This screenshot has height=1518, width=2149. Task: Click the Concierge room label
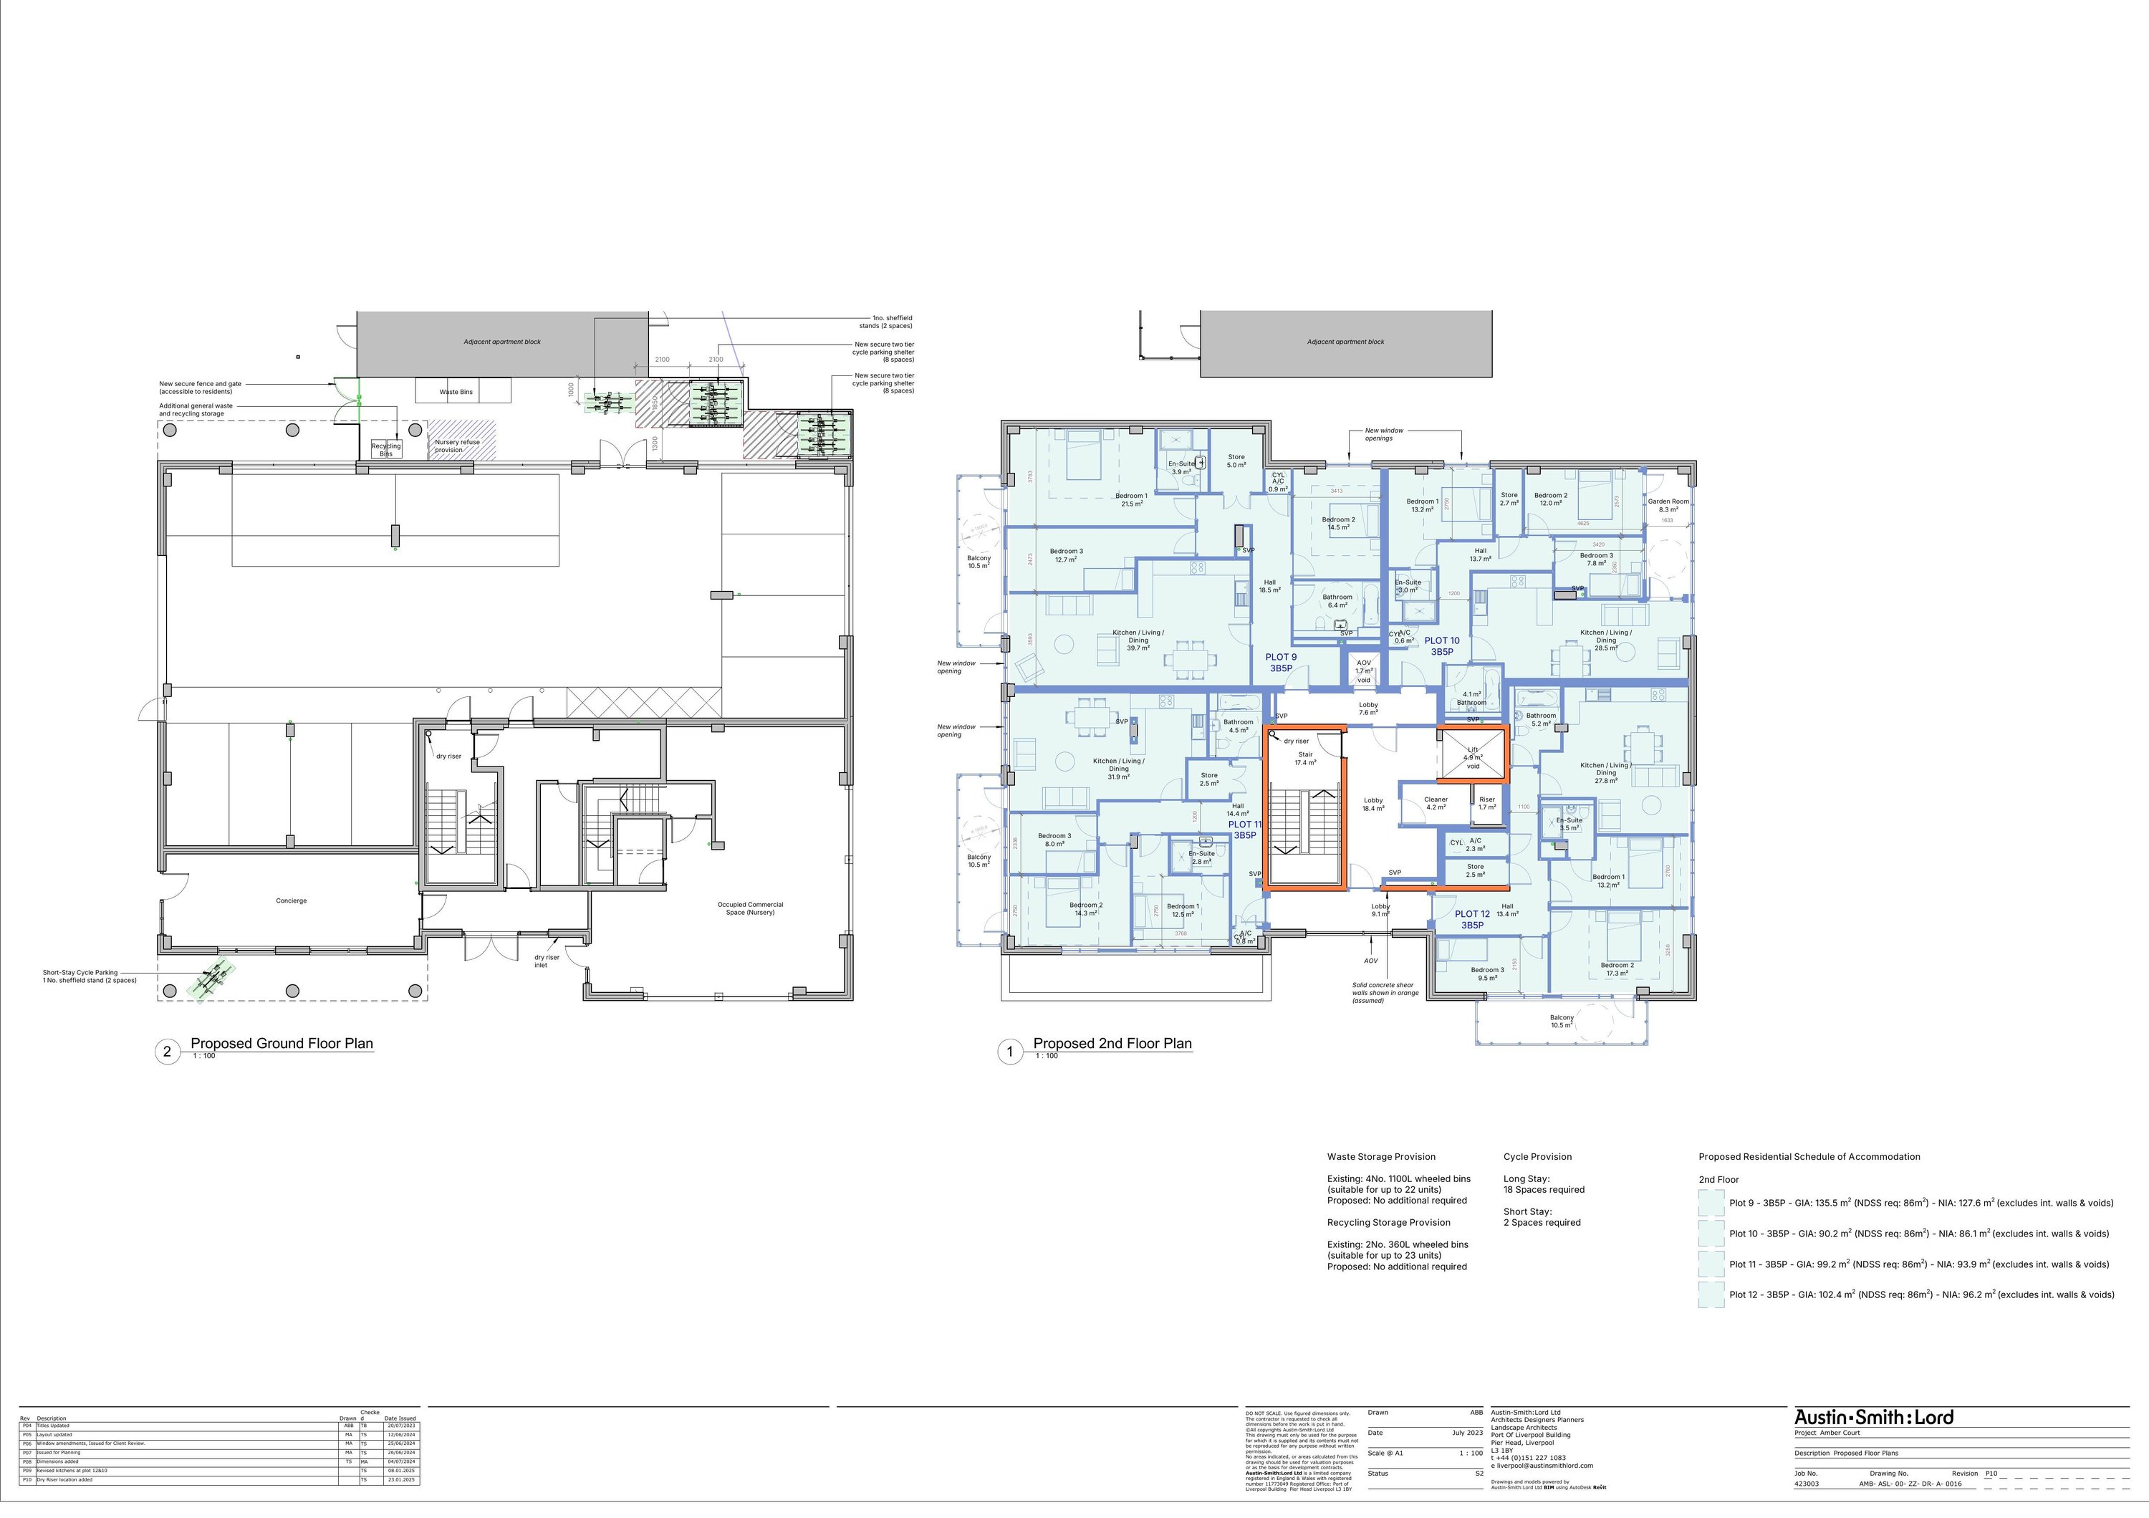point(291,900)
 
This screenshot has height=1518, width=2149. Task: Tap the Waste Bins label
point(456,392)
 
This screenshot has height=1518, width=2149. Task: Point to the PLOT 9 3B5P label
point(1280,663)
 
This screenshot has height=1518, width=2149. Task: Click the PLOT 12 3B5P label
point(1471,919)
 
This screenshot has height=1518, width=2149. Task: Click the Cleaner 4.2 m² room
point(1436,803)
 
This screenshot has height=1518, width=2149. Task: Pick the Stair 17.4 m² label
point(1304,758)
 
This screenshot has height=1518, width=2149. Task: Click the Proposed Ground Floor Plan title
point(282,1044)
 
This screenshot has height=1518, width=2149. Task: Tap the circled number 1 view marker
point(1010,1052)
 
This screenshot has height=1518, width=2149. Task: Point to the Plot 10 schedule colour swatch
point(1711,1233)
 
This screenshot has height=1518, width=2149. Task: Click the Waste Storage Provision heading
point(1380,1157)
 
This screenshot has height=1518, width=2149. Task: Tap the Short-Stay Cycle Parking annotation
point(90,976)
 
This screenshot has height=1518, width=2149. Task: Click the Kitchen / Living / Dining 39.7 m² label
point(1138,640)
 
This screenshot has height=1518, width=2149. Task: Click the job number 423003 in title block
point(1807,1484)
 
